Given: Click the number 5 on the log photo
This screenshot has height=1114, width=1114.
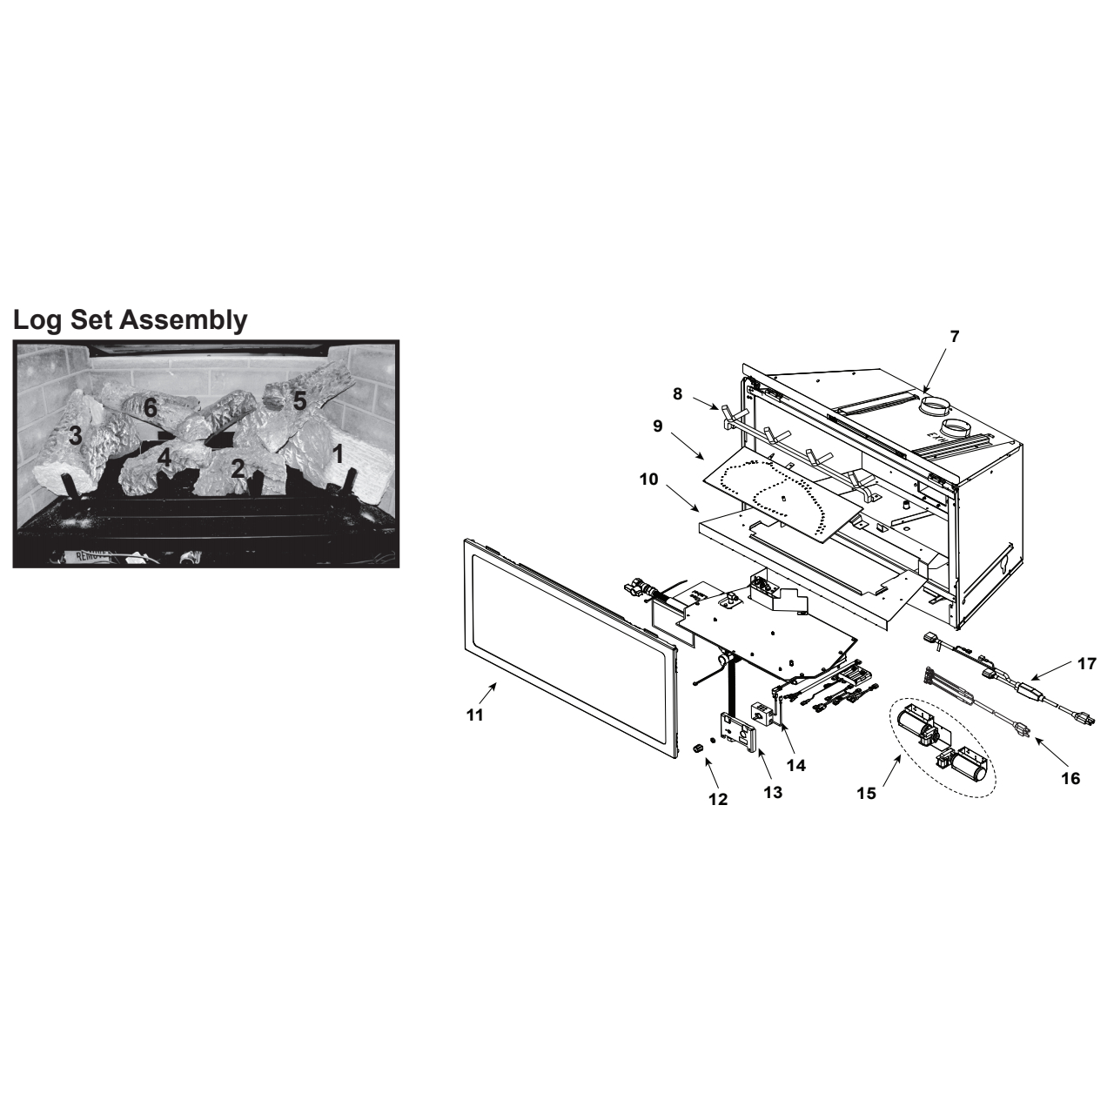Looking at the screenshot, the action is (x=299, y=400).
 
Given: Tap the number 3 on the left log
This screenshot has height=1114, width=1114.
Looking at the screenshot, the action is (x=75, y=435).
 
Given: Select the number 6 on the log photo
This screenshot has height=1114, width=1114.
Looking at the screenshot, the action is (x=151, y=408).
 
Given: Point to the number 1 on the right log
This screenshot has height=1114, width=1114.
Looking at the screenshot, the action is (x=339, y=453).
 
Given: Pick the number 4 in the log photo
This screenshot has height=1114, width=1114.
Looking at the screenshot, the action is (x=164, y=459).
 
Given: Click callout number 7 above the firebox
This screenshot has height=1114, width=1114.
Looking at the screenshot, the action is (x=955, y=336).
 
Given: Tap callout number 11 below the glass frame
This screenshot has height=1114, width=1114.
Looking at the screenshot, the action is (x=474, y=715).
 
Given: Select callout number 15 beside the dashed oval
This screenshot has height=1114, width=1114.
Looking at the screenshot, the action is (x=867, y=794).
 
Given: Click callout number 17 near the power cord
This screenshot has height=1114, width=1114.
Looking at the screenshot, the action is (x=1087, y=663).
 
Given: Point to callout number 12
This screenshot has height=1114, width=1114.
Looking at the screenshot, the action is (x=718, y=800).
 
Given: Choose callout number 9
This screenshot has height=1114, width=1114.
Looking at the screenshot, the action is (x=658, y=426).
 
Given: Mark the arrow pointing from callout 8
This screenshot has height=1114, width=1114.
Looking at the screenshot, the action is (x=705, y=403).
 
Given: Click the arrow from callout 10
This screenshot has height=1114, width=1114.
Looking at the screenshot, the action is (x=682, y=498).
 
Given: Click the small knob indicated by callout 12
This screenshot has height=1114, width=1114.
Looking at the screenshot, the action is (x=697, y=749).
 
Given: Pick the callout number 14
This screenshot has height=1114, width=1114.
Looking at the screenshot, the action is (x=796, y=765).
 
